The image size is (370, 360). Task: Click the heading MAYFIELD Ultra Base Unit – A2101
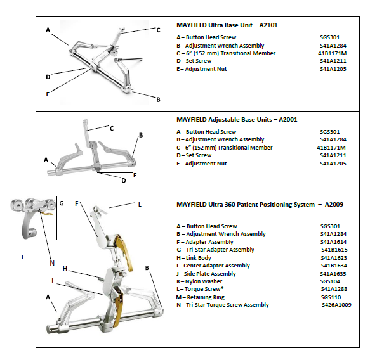(227, 25)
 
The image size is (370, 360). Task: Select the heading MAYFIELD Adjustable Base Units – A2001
(237, 120)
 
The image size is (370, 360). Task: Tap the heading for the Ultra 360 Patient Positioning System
(260, 205)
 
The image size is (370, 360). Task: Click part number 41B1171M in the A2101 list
(333, 53)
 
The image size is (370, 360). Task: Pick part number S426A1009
(336, 305)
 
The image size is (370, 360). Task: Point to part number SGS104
(330, 281)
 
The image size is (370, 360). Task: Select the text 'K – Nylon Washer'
(199, 281)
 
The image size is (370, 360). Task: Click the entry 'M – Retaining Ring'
(201, 297)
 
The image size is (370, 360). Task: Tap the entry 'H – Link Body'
(194, 258)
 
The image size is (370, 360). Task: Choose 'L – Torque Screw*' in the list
(200, 289)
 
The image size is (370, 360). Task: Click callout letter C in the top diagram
(158, 30)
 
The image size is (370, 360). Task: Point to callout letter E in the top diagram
(48, 94)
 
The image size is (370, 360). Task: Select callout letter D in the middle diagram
(124, 181)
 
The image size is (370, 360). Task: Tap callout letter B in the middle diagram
(141, 135)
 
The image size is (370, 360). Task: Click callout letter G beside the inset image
(62, 203)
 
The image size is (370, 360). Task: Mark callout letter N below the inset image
(52, 263)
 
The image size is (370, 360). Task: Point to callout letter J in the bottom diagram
(52, 281)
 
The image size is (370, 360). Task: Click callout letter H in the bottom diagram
(65, 269)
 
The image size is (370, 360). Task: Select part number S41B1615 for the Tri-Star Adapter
(334, 250)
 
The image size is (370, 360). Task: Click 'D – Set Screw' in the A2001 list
(194, 155)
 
